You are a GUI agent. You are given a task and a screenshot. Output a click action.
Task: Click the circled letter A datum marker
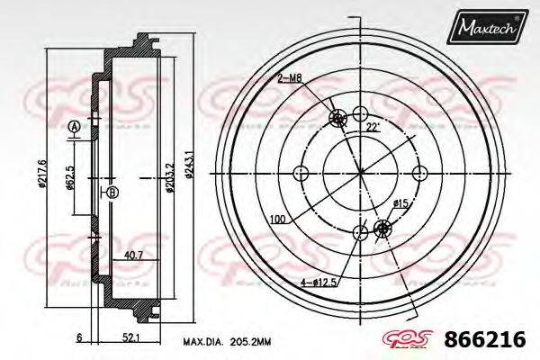74,124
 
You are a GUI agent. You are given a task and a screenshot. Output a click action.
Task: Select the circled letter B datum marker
112,193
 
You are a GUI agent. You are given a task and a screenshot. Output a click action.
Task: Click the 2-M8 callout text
290,80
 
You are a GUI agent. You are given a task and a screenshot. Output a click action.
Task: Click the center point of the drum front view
360,173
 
